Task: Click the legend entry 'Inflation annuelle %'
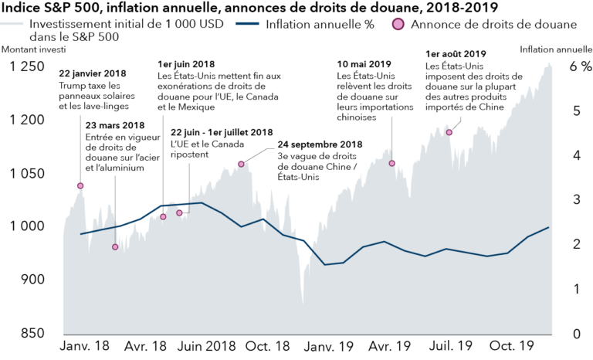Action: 320,24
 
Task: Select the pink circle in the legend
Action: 399,24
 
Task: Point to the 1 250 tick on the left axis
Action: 26,67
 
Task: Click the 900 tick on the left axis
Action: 32,280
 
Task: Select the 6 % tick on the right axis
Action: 579,67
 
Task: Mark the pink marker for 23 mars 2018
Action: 115,247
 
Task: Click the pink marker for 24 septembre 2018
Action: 242,164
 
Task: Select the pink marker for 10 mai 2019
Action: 392,163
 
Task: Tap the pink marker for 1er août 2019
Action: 449,132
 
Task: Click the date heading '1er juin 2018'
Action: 185,63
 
